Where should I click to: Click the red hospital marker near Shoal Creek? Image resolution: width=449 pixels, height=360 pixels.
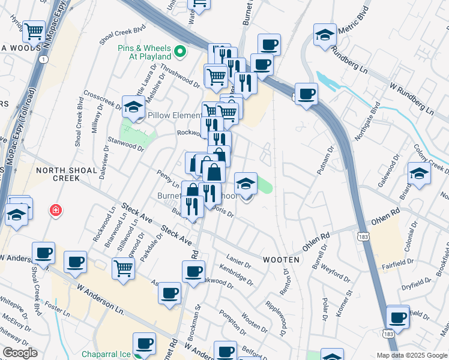(x=55, y=211)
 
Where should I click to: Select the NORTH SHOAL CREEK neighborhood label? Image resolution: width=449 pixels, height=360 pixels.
(x=67, y=174)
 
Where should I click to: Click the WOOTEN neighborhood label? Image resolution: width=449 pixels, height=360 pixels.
(x=281, y=259)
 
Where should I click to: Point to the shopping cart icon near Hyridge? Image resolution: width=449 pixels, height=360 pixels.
(x=34, y=30)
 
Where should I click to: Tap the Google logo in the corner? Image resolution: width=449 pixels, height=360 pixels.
(x=20, y=353)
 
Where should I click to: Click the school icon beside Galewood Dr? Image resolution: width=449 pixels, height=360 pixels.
(x=418, y=174)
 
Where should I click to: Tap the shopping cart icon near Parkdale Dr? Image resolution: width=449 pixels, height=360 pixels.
(x=123, y=268)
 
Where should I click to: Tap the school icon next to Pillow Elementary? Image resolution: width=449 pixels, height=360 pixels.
(x=133, y=107)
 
